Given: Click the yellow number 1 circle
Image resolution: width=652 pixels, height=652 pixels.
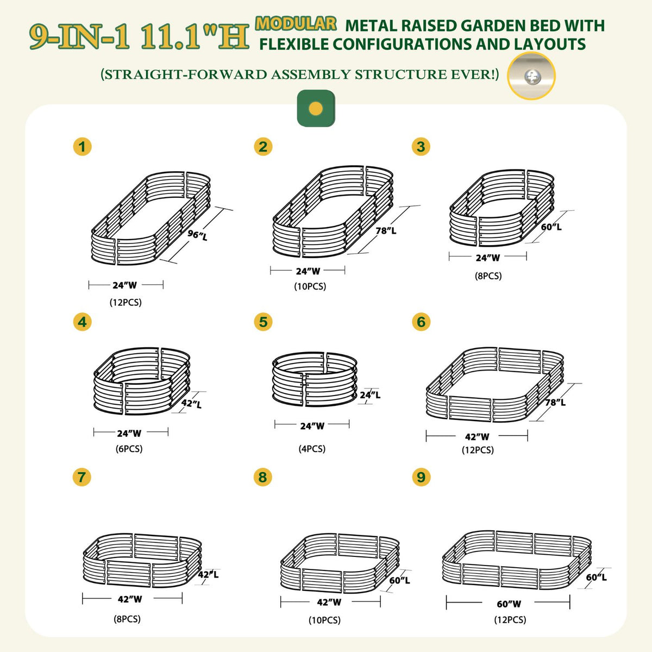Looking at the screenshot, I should pyautogui.click(x=82, y=147).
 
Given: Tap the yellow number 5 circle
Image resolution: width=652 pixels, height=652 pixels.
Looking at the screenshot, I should pyautogui.click(x=263, y=322).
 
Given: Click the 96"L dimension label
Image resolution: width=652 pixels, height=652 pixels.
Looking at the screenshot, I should pyautogui.click(x=197, y=235).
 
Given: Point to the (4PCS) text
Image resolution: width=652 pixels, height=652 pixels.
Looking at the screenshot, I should pyautogui.click(x=312, y=449).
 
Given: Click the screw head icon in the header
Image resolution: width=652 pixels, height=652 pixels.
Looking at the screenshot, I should pyautogui.click(x=531, y=77).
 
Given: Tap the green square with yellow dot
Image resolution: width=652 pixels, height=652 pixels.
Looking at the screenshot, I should pyautogui.click(x=316, y=108).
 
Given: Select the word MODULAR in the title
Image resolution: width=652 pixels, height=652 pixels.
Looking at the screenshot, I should pyautogui.click(x=296, y=24).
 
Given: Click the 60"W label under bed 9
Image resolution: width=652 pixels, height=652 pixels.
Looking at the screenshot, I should pyautogui.click(x=509, y=604).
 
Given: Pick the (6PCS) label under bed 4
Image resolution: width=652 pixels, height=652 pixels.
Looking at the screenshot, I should pyautogui.click(x=129, y=449).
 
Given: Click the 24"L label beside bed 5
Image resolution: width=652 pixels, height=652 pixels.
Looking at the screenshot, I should pyautogui.click(x=370, y=395).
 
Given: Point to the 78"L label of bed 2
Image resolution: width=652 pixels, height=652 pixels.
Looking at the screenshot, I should pyautogui.click(x=386, y=231).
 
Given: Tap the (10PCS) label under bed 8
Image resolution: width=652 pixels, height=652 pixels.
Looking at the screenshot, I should pyautogui.click(x=325, y=620).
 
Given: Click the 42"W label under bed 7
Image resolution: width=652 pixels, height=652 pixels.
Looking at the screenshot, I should pyautogui.click(x=130, y=599).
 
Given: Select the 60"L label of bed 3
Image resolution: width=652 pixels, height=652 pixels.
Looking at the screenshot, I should pyautogui.click(x=551, y=227).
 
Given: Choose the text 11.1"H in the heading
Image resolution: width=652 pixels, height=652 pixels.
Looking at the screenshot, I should pyautogui.click(x=194, y=37).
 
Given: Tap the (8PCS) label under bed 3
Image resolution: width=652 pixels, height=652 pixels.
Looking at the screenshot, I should pyautogui.click(x=488, y=276).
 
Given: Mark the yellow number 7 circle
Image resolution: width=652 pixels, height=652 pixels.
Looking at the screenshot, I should pyautogui.click(x=81, y=477).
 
